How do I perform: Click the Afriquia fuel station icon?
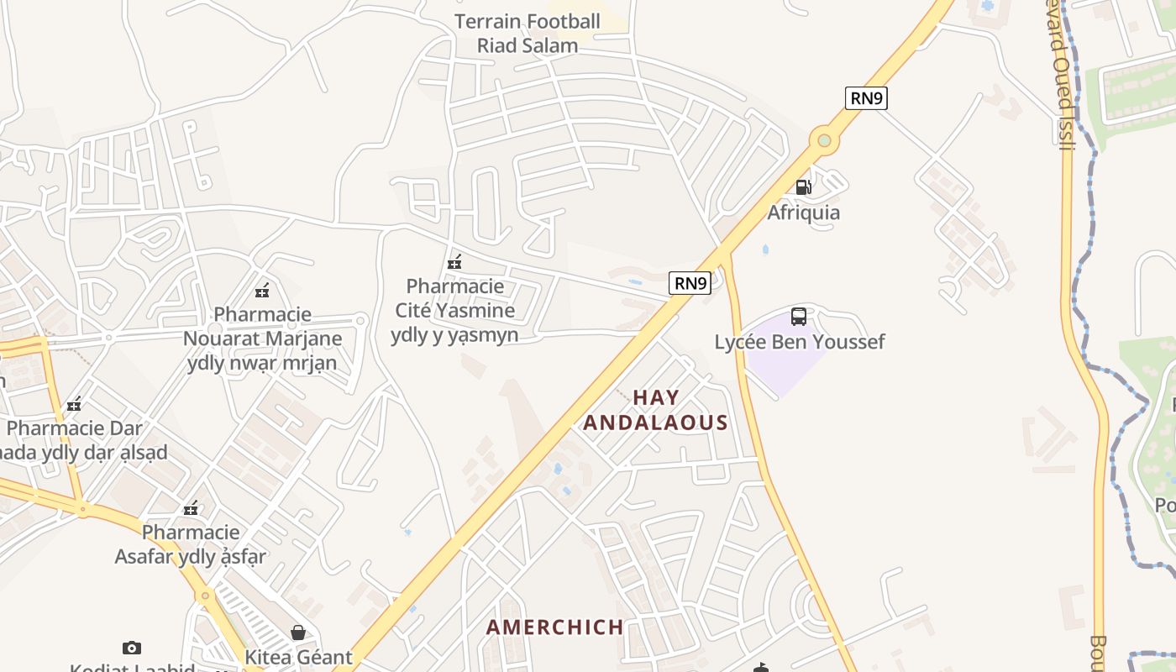(x=803, y=186)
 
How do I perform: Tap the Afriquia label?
(x=803, y=213)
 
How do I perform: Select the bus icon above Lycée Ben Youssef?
(x=798, y=317)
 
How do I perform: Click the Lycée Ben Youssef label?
(x=799, y=342)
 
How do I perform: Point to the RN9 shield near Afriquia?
(x=866, y=98)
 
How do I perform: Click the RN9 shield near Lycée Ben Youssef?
(x=690, y=283)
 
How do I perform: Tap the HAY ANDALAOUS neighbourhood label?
(x=655, y=410)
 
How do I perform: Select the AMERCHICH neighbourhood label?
(x=554, y=627)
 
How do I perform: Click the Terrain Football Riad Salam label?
(x=528, y=34)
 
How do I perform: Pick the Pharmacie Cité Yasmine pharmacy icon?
(x=454, y=262)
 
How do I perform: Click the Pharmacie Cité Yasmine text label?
(x=454, y=311)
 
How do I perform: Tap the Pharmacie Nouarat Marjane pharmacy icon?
(x=262, y=291)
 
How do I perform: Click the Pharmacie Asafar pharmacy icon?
(x=192, y=508)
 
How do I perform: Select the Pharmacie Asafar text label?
(x=191, y=544)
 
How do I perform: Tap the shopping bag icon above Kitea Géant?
(x=297, y=632)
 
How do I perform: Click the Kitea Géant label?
(x=298, y=657)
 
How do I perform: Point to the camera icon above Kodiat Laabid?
(x=131, y=648)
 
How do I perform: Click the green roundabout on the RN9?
(x=824, y=140)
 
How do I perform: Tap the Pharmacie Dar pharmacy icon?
(x=75, y=405)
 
